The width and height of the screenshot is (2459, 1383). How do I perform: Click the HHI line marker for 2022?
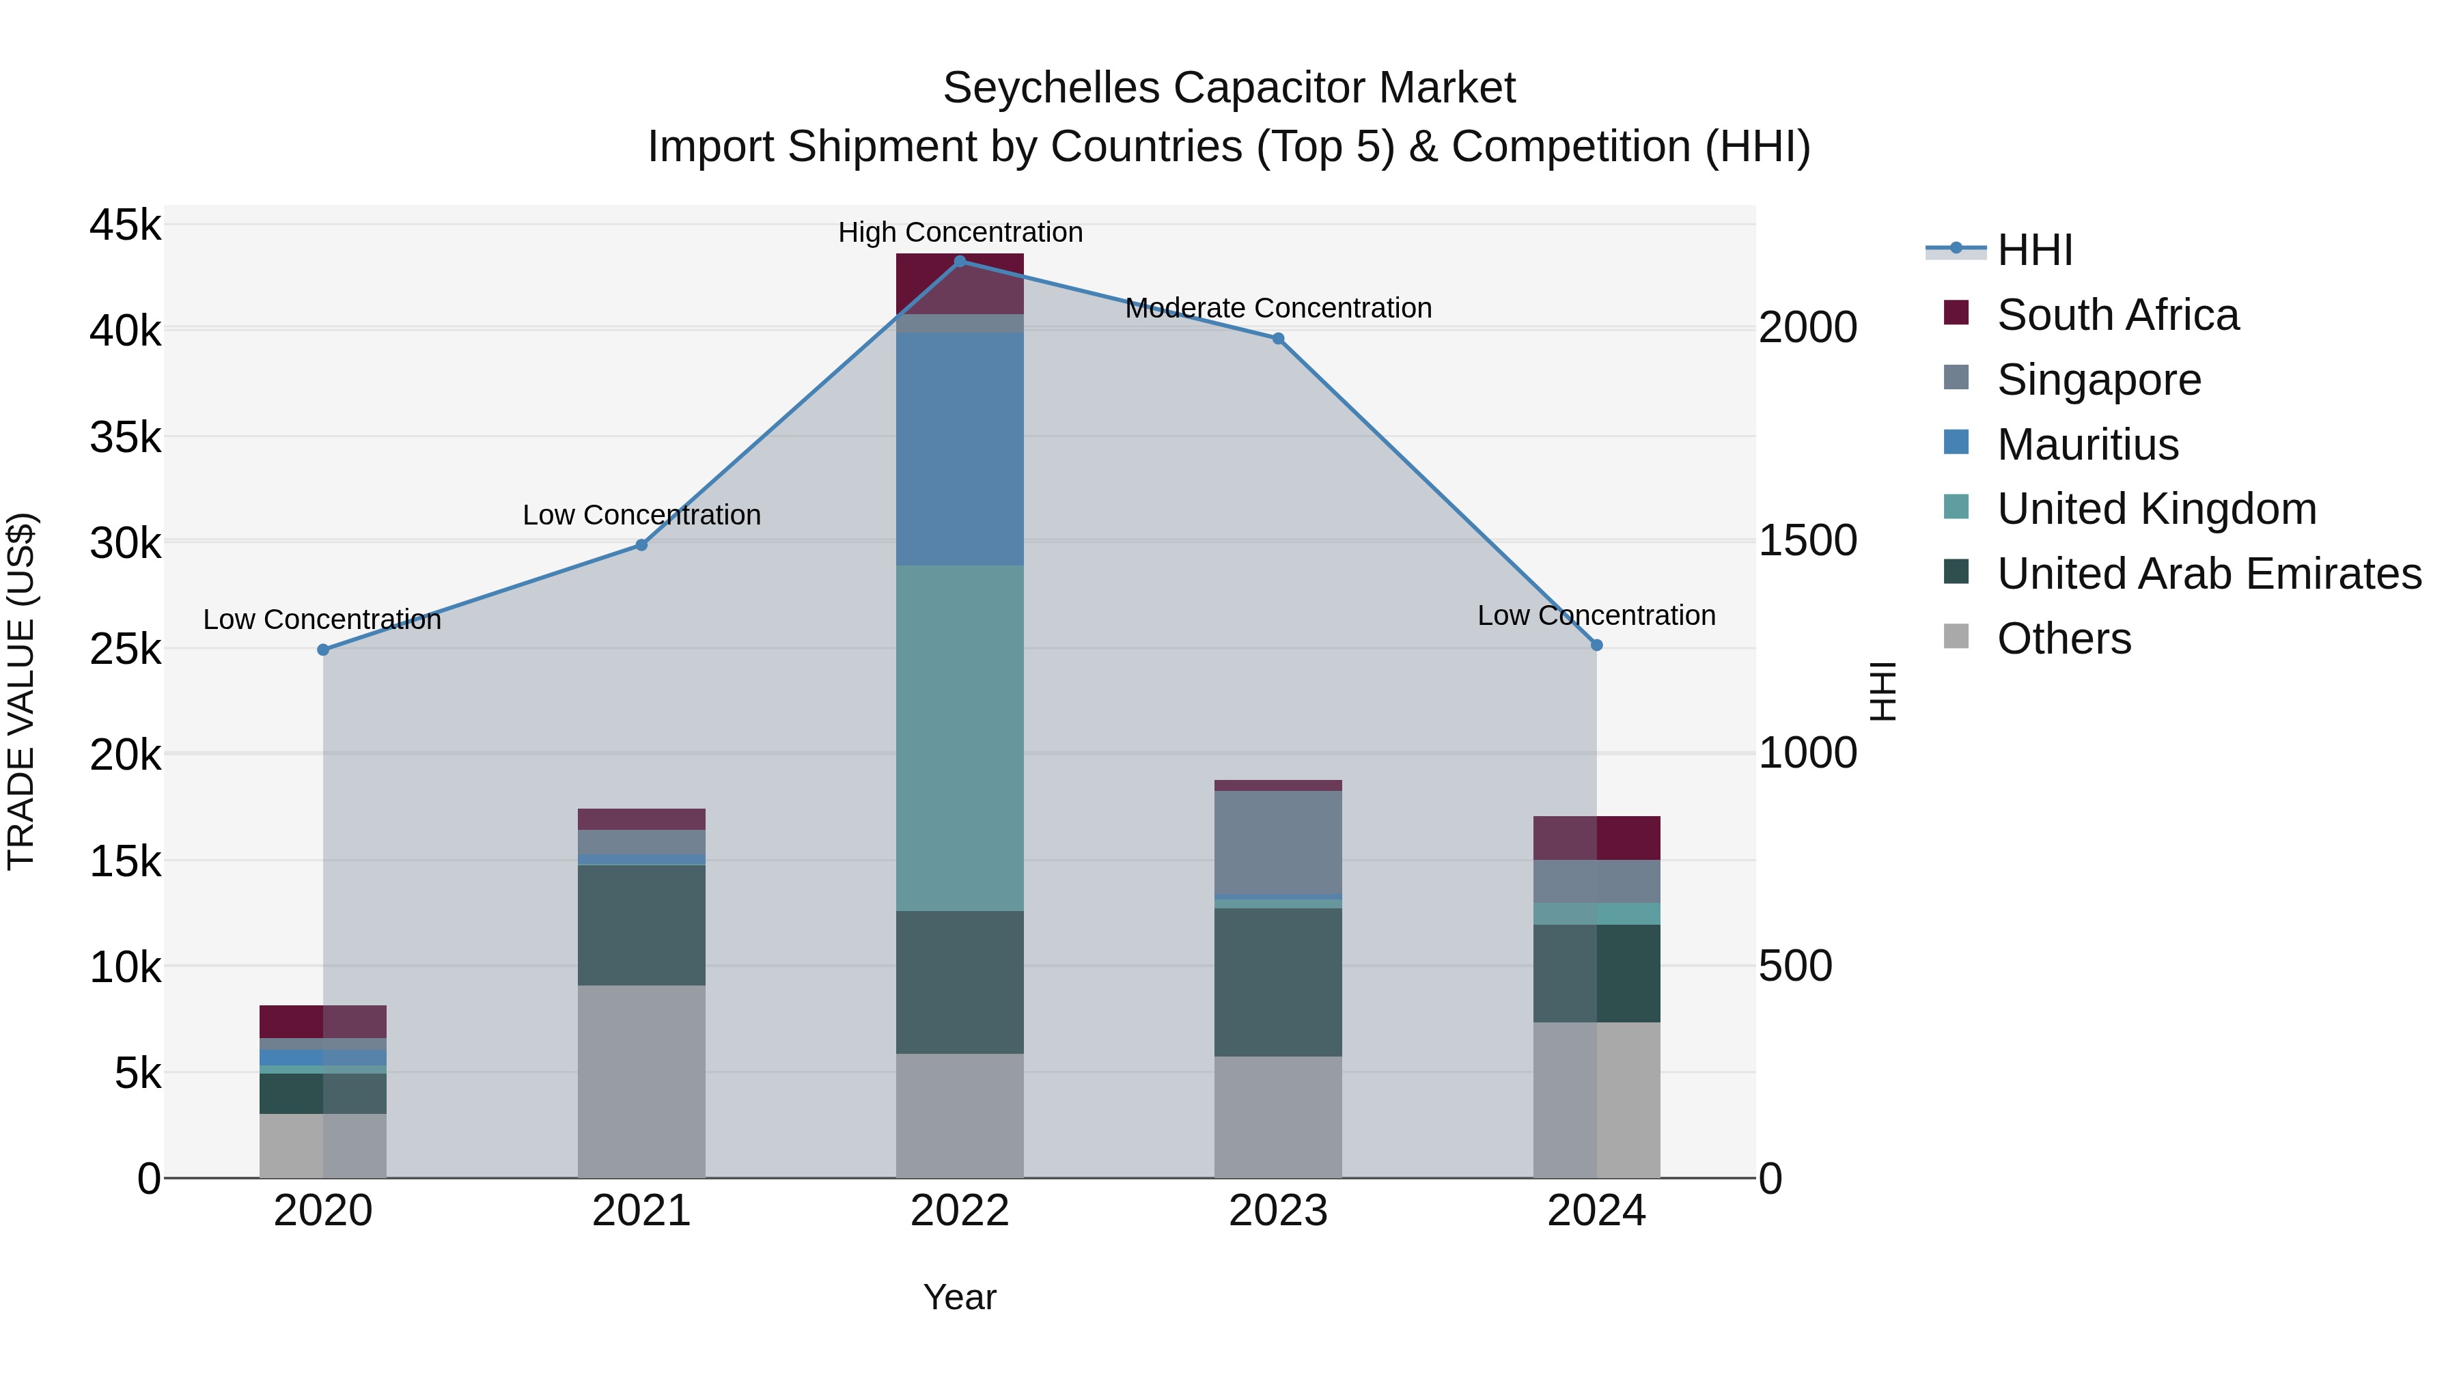960,262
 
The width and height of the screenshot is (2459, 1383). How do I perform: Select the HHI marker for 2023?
1278,339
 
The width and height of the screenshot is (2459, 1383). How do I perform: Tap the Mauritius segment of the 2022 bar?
960,449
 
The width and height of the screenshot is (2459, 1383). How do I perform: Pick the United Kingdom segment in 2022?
960,738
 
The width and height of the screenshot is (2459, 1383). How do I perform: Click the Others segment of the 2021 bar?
641,1081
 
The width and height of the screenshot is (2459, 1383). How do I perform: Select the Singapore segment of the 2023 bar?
1278,842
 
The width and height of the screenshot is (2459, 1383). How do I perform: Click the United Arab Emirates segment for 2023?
1278,982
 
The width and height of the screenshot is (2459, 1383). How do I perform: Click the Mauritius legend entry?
2087,445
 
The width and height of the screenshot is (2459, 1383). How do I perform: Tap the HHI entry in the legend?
2033,250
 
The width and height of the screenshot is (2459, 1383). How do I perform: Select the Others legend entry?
2063,639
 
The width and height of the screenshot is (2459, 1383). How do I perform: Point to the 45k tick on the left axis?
125,226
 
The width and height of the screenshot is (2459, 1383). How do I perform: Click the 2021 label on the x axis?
641,1211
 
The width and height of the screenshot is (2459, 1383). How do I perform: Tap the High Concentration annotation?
960,233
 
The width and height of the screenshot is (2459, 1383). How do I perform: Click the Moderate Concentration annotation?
1278,308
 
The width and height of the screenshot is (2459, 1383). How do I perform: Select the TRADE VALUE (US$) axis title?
21,691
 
